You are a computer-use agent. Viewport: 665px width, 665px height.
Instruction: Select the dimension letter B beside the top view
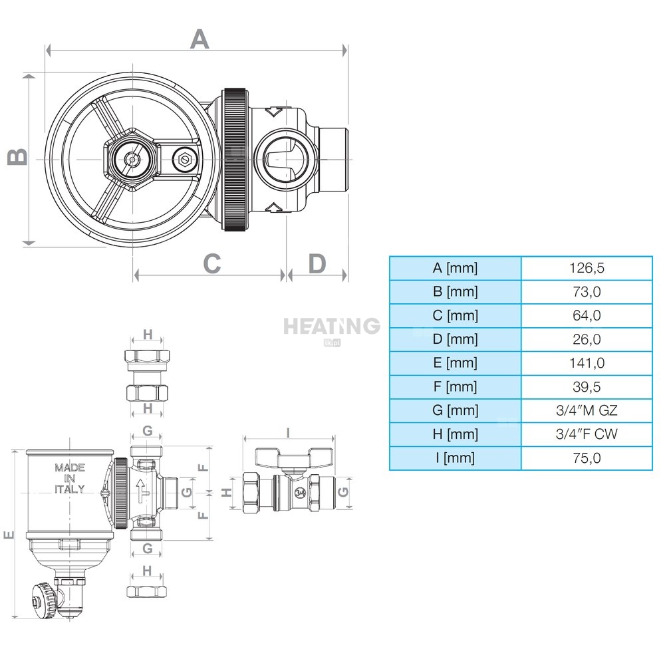click(x=18, y=156)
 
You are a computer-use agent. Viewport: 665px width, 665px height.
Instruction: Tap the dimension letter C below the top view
click(x=211, y=263)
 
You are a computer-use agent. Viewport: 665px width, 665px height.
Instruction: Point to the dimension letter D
click(x=317, y=263)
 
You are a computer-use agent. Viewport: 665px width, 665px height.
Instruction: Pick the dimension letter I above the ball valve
click(x=287, y=432)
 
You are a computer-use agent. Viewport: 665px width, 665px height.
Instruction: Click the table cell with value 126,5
click(x=587, y=268)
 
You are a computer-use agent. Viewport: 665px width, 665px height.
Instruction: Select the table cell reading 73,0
click(x=587, y=292)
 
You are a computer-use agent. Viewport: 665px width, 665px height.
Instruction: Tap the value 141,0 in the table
click(x=587, y=363)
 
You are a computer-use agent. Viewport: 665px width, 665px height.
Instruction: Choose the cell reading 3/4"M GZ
click(x=587, y=411)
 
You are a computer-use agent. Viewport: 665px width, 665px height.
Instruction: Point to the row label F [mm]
click(x=456, y=387)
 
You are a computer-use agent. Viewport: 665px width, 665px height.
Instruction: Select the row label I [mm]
click(x=456, y=458)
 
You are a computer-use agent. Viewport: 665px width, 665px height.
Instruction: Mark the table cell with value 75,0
click(x=587, y=458)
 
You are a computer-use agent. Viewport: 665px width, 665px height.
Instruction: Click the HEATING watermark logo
click(x=332, y=327)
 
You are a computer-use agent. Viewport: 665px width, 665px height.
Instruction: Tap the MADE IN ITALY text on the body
click(x=69, y=479)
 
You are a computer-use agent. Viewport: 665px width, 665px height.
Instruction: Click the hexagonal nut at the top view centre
click(x=131, y=159)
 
